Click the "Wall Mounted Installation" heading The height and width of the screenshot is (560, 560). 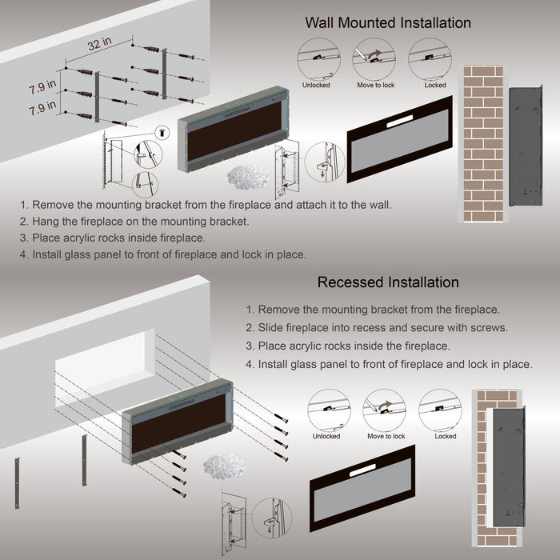(x=388, y=22)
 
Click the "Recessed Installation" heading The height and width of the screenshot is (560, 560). (x=388, y=282)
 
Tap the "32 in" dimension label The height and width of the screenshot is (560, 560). (x=100, y=46)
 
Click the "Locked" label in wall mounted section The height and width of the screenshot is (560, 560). (x=435, y=85)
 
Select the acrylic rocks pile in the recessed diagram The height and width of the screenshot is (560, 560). (x=217, y=466)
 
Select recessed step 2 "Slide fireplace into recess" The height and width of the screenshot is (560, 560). (x=366, y=328)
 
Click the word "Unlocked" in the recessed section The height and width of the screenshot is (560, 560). (x=326, y=436)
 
